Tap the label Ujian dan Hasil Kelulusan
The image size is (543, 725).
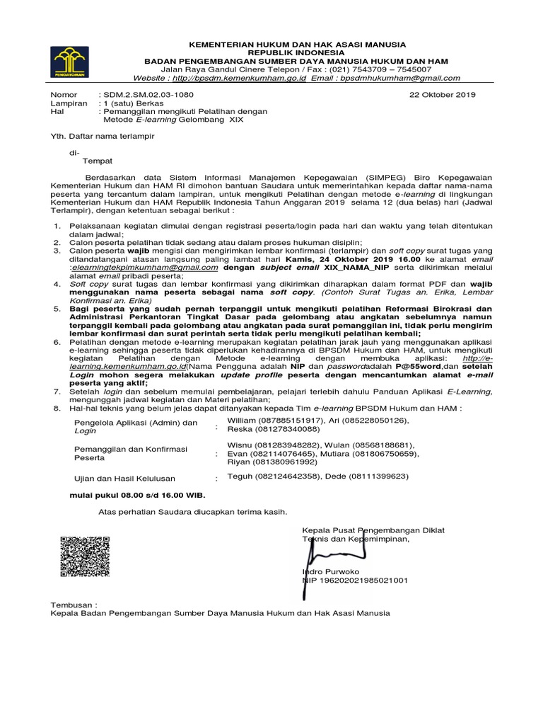coord(125,479)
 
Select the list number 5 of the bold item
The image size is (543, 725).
coord(57,309)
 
